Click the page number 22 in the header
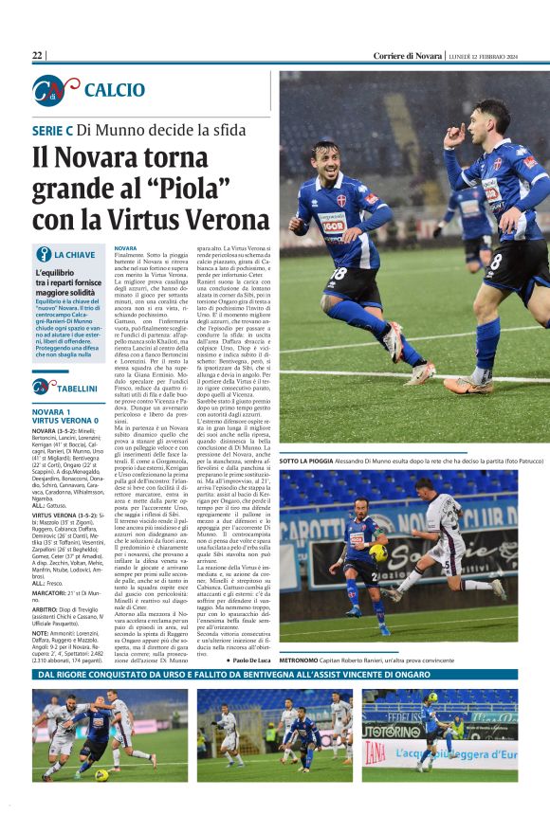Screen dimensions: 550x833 [37, 56]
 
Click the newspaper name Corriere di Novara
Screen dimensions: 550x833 [407, 56]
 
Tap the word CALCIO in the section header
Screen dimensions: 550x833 [115, 90]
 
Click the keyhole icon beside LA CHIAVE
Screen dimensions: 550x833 [42, 254]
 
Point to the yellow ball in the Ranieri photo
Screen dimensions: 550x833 [376, 552]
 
